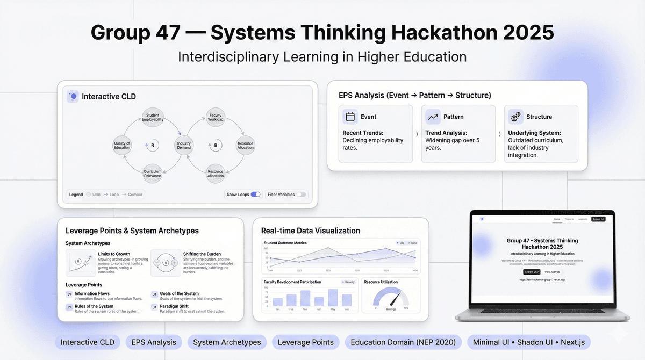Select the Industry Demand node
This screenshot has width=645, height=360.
[x=184, y=145]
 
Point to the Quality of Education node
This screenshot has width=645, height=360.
[x=122, y=145]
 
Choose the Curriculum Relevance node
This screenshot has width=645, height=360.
[x=153, y=173]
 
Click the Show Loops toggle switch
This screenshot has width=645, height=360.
[x=255, y=195]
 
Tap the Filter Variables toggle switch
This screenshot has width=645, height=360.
[x=301, y=195]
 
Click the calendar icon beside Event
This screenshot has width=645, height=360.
[x=350, y=117]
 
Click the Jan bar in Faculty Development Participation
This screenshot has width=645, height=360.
[x=277, y=302]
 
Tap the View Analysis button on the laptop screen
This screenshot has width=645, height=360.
[x=551, y=272]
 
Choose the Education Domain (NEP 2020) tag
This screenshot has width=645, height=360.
[x=403, y=342]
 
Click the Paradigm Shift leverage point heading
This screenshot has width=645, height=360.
[x=174, y=306]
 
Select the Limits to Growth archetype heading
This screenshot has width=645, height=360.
[x=114, y=254]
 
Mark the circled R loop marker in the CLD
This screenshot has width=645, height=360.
[x=152, y=145]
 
